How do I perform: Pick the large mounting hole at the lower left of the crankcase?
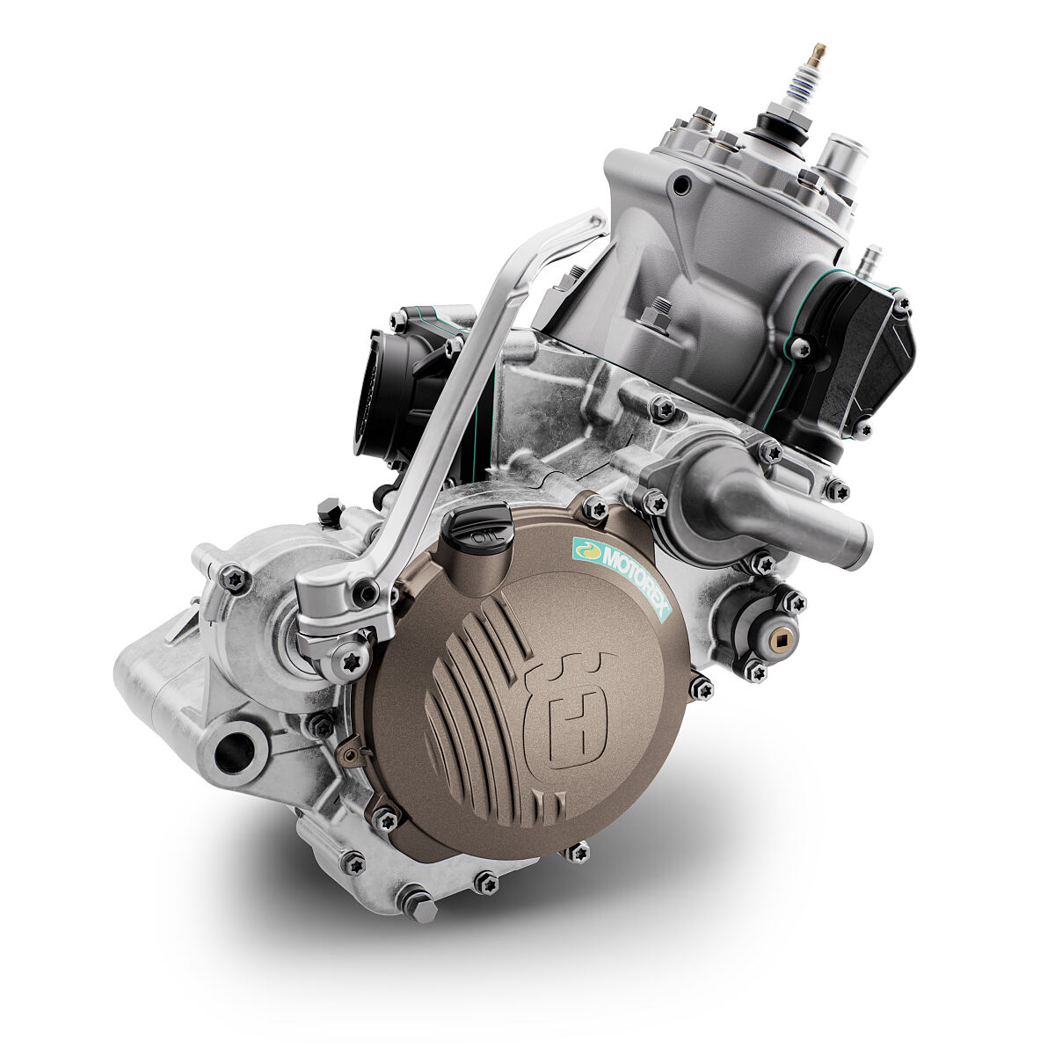(x=234, y=751)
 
